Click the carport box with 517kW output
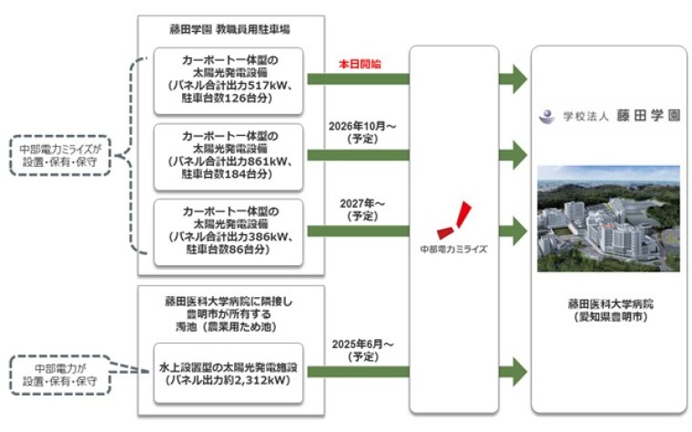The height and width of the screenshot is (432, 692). (229, 79)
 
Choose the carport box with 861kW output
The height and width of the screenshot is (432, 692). (229, 156)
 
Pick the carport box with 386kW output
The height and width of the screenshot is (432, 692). (229, 231)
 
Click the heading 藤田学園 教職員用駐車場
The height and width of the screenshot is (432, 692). (228, 30)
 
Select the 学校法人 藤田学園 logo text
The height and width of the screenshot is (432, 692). (608, 117)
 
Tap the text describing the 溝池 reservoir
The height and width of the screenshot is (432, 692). (229, 314)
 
